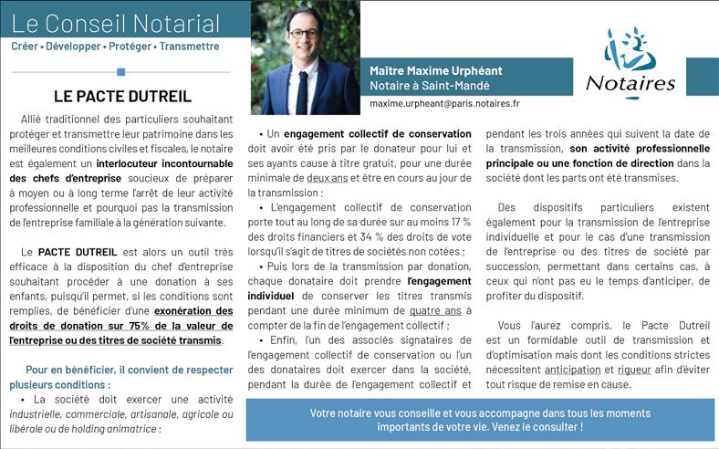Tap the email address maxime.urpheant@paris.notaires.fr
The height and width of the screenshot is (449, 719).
444,104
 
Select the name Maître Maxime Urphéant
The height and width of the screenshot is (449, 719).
436,70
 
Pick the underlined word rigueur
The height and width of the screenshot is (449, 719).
634,370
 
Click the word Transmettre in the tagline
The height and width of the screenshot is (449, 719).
189,46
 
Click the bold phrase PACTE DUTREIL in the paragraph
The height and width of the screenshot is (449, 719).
78,251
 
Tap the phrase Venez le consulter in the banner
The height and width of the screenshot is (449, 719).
531,426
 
